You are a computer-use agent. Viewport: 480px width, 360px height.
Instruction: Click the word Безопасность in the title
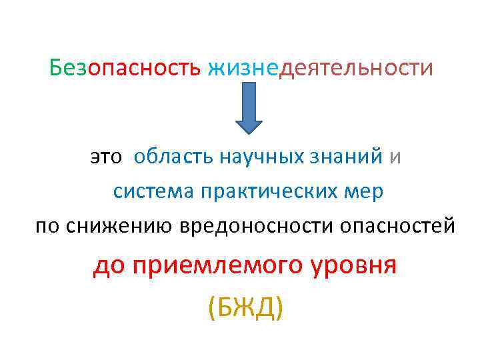125,68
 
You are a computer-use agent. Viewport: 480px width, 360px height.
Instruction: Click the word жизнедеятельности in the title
320,68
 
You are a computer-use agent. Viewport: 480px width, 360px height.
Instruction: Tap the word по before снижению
47,226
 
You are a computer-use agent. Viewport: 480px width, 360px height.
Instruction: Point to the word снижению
114,226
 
